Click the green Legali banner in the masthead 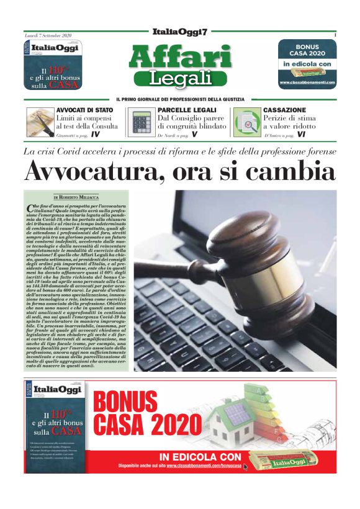tap(180, 79)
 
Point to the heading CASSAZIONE tap(284, 110)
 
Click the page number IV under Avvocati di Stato tap(95, 134)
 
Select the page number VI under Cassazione tap(301, 134)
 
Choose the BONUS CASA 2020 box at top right tap(307, 63)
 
